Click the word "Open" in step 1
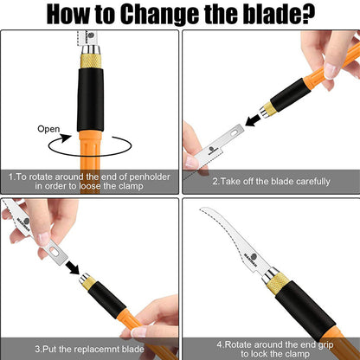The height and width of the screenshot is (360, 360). pyautogui.click(x=48, y=129)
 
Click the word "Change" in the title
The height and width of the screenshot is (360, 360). pyautogui.click(x=160, y=14)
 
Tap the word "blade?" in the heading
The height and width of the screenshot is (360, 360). pyautogui.click(x=280, y=14)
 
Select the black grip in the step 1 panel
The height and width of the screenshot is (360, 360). pyautogui.click(x=91, y=100)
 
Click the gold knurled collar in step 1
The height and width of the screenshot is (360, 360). pyautogui.click(x=91, y=61)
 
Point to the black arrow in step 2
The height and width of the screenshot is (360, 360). pyautogui.click(x=252, y=120)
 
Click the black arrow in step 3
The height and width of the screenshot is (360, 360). pyautogui.click(x=73, y=267)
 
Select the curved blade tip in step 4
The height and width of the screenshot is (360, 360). pyautogui.click(x=202, y=209)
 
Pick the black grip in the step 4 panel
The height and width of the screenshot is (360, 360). pyautogui.click(x=305, y=315)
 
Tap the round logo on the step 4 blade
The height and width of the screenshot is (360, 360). pyautogui.click(x=252, y=257)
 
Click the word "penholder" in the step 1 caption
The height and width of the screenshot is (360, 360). pyautogui.click(x=150, y=177)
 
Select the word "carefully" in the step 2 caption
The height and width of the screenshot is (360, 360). pyautogui.click(x=313, y=182)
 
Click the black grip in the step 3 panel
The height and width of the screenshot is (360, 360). pyautogui.click(x=107, y=296)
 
